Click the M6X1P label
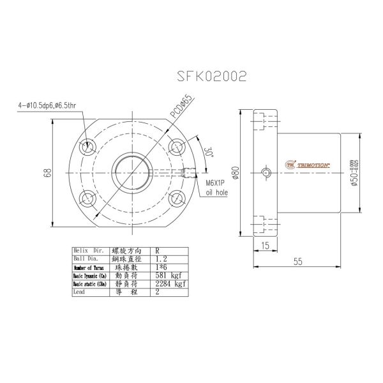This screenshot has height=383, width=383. click(x=216, y=182)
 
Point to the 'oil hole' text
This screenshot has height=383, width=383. click(x=217, y=191)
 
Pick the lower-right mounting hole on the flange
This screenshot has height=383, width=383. click(x=177, y=197)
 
